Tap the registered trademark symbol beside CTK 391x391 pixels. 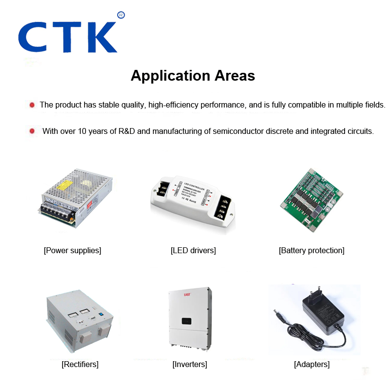[x=121, y=15]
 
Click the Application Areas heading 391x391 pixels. [x=193, y=76]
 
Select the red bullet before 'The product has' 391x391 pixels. [x=32, y=105]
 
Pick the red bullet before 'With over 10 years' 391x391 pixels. [x=32, y=131]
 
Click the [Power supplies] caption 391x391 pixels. [x=72, y=250]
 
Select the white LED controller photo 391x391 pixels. [x=193, y=201]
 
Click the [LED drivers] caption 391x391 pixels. [x=193, y=250]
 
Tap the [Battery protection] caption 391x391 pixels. [x=311, y=250]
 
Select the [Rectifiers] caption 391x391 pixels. [x=80, y=364]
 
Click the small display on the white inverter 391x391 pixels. [x=186, y=322]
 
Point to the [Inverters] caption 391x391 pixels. [x=190, y=364]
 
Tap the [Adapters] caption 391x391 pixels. [x=311, y=364]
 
